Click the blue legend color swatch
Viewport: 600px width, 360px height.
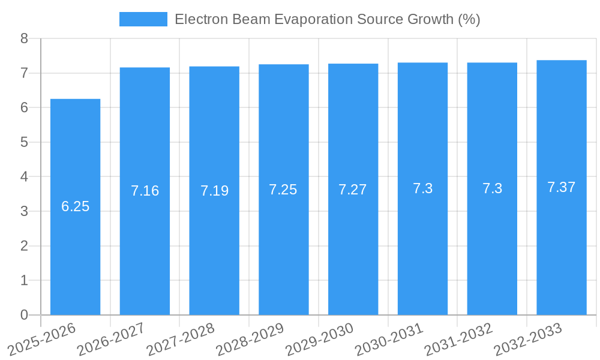[x=143, y=19]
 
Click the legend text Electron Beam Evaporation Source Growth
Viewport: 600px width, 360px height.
[x=327, y=19]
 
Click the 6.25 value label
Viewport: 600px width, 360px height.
[x=75, y=206]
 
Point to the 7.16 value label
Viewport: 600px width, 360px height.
[x=145, y=191]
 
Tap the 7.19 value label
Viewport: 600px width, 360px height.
[x=214, y=191]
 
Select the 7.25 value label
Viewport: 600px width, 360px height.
[x=283, y=190]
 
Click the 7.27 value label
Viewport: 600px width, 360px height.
[x=353, y=190]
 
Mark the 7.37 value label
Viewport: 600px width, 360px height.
[x=562, y=187]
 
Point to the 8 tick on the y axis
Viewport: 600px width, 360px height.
[x=24, y=38]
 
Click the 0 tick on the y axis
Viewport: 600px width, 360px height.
[x=24, y=315]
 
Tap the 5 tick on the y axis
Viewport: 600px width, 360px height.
[x=24, y=142]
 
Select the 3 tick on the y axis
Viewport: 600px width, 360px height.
[x=24, y=211]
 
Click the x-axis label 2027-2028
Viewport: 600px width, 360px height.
[x=181, y=339]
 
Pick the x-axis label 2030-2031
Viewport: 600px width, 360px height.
[x=389, y=339]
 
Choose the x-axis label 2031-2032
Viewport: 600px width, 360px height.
[x=458, y=339]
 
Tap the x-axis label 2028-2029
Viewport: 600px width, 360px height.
[x=250, y=339]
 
